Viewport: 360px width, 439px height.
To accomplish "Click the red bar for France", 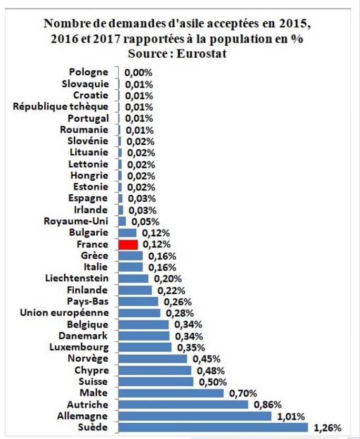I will [128, 245].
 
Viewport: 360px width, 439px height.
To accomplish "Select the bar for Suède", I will [213, 427].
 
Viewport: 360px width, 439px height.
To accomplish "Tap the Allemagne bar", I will [195, 416].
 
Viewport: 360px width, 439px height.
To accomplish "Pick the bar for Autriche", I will [183, 404].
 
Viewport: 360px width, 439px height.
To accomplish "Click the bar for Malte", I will [171, 393].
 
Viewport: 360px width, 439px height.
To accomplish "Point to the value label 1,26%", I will [328, 427].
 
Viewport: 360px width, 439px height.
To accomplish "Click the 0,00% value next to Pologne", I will [138, 73].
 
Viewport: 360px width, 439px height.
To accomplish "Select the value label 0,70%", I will [243, 393].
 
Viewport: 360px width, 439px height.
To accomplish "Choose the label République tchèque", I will [61, 107].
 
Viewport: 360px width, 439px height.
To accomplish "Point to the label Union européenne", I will [64, 313].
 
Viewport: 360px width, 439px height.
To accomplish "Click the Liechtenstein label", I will [77, 278].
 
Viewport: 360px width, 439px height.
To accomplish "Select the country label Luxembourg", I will [79, 347].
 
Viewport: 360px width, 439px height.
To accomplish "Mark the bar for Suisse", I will [156, 382].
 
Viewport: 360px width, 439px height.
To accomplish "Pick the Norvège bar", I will [153, 358].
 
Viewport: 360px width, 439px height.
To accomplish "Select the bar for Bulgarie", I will [127, 233].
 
